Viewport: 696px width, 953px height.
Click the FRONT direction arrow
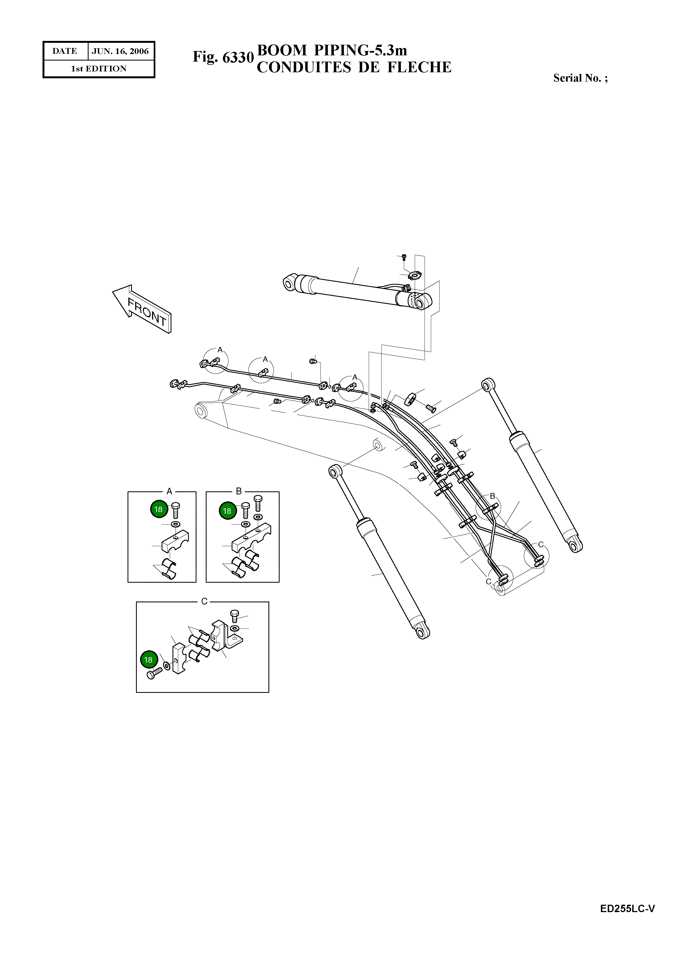[x=141, y=309]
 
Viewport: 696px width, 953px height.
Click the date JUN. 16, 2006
[x=120, y=51]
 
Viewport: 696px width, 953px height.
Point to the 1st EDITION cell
[x=99, y=69]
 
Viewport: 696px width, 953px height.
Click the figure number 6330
[x=238, y=57]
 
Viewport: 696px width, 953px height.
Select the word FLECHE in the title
[x=419, y=67]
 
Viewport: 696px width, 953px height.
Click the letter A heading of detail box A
[x=169, y=491]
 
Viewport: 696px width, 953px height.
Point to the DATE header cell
[x=65, y=51]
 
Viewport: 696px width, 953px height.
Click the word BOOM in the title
[x=282, y=50]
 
